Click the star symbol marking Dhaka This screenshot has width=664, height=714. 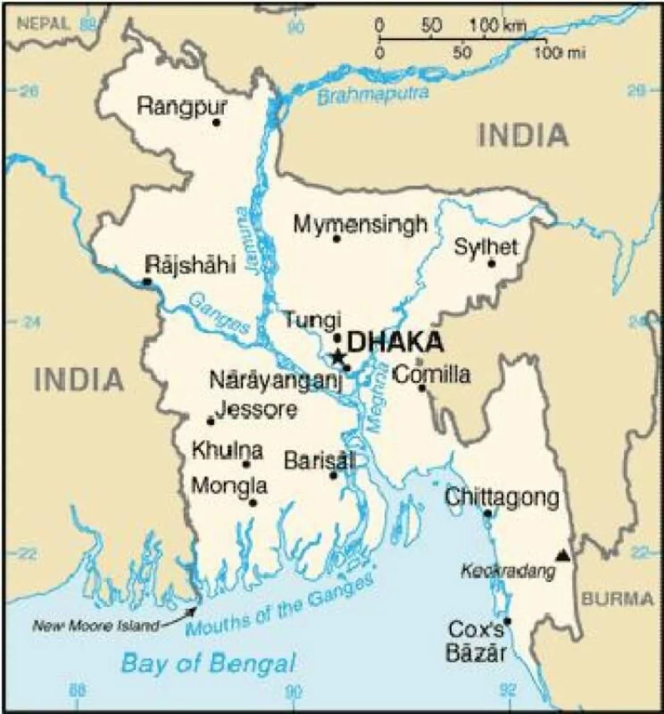coord(337,356)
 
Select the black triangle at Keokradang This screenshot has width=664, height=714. coord(562,556)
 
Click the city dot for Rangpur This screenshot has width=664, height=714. coord(217,122)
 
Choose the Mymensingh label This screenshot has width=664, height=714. coord(361,224)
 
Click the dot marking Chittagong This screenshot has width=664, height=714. coord(488,513)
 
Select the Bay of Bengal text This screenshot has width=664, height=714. coord(208,664)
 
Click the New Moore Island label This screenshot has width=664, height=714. coord(96,625)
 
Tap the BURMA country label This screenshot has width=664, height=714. coord(617,599)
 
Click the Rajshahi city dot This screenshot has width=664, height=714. coord(147,282)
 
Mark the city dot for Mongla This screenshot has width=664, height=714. coord(253,503)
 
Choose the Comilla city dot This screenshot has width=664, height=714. coord(423,388)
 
